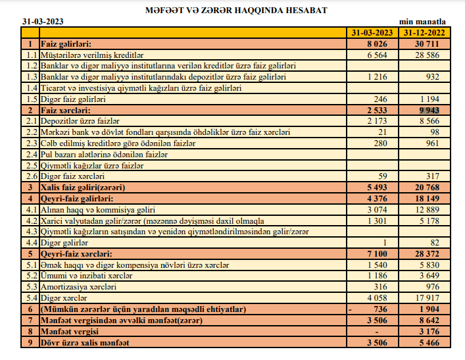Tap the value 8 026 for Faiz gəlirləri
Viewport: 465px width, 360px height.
pyautogui.click(x=382, y=44)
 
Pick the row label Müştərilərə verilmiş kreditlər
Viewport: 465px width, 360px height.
pyautogui.click(x=91, y=55)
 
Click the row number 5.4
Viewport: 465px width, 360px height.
pyautogui.click(x=30, y=297)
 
